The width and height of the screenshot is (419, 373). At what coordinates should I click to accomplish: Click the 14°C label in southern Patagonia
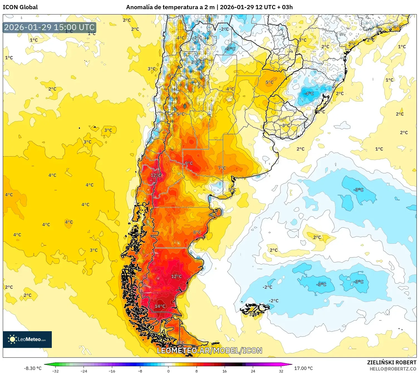tap(160, 306)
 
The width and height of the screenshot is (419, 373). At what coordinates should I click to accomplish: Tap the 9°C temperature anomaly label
tap(189, 163)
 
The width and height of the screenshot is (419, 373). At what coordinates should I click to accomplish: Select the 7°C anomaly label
tap(222, 168)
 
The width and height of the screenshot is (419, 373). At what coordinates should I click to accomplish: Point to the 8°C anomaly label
tap(197, 232)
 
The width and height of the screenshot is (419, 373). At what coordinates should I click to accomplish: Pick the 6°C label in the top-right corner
tap(397, 27)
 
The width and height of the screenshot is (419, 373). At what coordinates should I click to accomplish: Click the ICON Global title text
tap(20, 7)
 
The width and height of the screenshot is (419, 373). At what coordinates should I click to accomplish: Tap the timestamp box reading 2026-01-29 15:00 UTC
tap(50, 27)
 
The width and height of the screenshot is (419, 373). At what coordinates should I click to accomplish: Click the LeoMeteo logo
tap(27, 339)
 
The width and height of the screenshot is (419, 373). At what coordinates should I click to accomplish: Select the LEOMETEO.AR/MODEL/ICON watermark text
tap(209, 350)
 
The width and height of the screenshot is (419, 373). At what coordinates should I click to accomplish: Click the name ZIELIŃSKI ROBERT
tap(391, 362)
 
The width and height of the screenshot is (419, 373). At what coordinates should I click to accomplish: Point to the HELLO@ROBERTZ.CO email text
tap(393, 369)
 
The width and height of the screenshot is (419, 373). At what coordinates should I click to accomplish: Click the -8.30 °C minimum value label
tap(33, 368)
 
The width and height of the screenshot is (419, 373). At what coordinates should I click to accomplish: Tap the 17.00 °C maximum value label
tap(303, 368)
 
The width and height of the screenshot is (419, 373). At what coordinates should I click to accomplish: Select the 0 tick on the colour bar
tap(168, 371)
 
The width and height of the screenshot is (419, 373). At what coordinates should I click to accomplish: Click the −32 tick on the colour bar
tap(55, 371)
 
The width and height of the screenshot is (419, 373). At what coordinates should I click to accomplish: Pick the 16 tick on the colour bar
tap(224, 371)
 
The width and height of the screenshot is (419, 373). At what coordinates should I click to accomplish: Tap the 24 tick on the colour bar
tap(253, 371)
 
